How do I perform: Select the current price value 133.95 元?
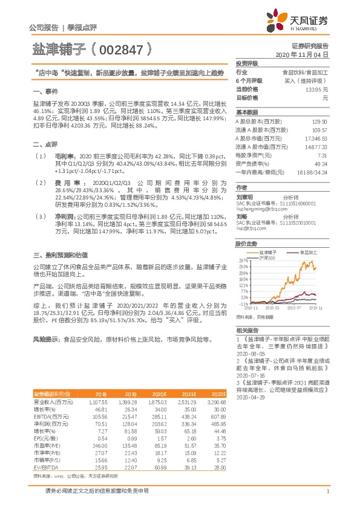point(316,89)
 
